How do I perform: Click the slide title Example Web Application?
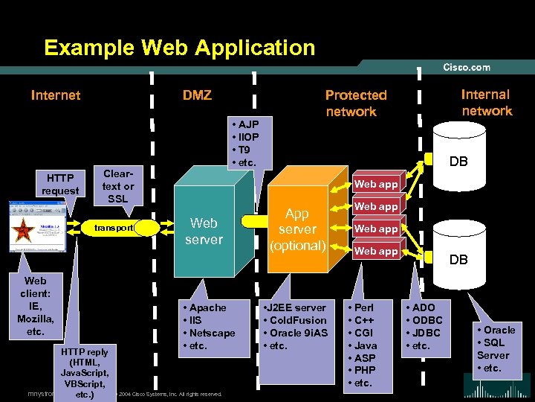(179, 48)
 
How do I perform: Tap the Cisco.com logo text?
(467, 67)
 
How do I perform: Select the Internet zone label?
(56, 95)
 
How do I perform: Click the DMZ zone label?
(197, 95)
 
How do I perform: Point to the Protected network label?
(355, 103)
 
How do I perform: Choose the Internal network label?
(487, 103)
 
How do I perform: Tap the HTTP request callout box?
(60, 184)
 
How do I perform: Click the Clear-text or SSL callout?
(118, 183)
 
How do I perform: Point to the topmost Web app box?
(375, 184)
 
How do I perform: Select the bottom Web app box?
(375, 251)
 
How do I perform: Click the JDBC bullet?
(424, 333)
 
